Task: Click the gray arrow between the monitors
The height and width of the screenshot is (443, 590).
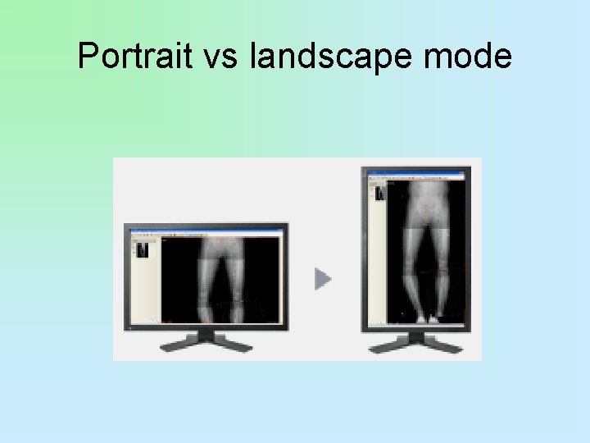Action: point(323,280)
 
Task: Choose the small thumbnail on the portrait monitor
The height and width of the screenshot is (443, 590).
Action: point(379,194)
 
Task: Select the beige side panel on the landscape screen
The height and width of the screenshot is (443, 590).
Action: point(144,287)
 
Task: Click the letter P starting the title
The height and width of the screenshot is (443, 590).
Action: point(87,57)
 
